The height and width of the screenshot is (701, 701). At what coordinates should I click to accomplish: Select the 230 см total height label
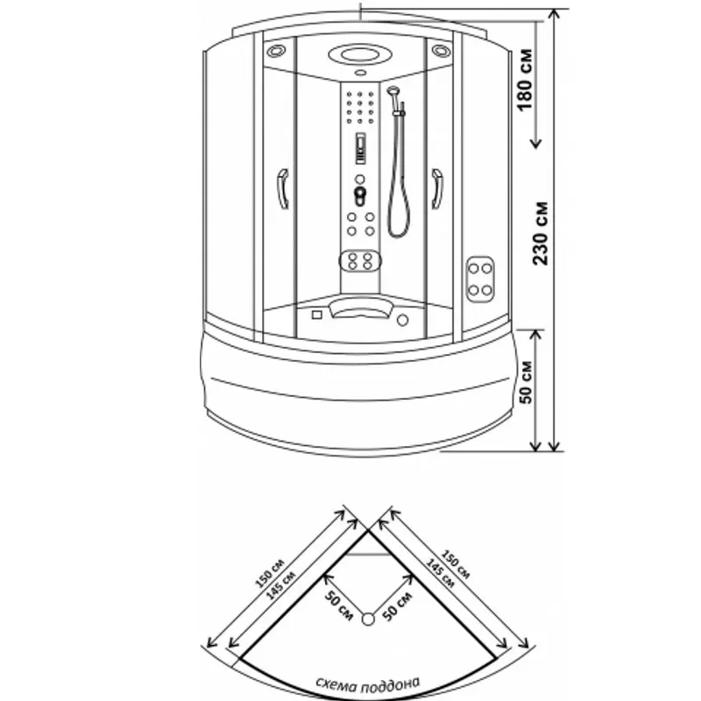pos(540,233)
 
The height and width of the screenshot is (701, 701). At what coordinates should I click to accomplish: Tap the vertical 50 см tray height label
pos(527,382)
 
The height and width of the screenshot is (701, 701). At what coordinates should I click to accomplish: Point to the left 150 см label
pos(269,574)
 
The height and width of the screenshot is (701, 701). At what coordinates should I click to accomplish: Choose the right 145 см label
pos(441,573)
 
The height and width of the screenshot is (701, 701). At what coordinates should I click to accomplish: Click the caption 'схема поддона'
pos(368,683)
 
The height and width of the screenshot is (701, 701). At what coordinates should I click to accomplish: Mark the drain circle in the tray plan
pos(368,620)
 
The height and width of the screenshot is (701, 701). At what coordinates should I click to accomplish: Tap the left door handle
pos(283,188)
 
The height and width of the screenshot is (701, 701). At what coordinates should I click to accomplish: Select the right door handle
pos(436,188)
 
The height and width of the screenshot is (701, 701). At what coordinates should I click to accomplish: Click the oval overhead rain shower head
pos(360,55)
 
